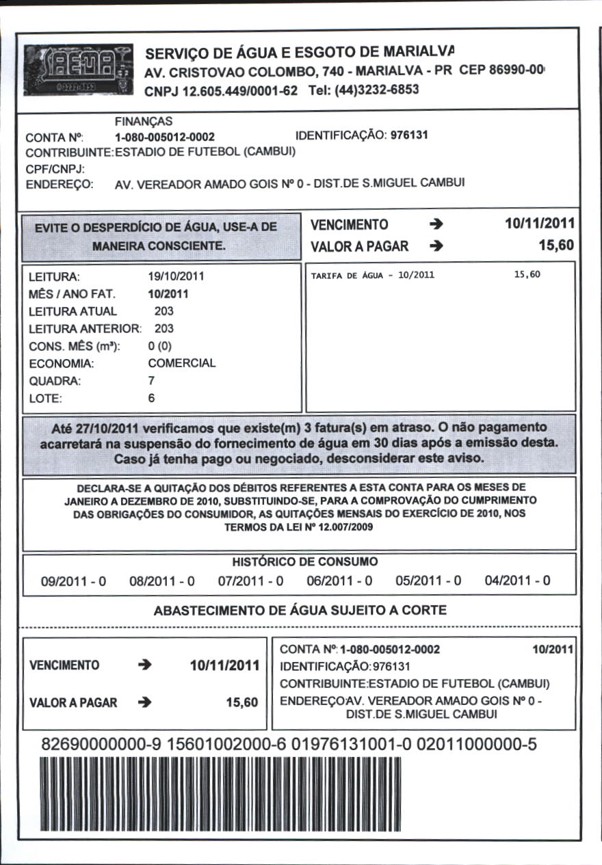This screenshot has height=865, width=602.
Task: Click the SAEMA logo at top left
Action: pos(78,69)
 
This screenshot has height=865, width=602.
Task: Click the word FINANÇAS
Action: pos(144,121)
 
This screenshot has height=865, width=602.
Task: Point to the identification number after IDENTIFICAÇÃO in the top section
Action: pos(409,135)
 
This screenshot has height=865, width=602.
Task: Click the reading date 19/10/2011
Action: pos(176,277)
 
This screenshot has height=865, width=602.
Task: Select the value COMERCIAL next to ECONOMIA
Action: pos(181,363)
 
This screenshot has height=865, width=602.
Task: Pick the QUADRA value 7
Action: pos(151,380)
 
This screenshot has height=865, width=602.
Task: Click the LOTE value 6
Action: pos(151,397)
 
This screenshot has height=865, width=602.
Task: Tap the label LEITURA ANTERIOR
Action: pos(83,328)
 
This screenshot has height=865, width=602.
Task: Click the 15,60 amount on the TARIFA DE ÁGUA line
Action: pos(527,275)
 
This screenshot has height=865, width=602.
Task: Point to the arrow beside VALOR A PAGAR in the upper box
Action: pos(437,247)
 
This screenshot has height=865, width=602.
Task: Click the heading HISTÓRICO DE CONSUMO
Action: pos(305,562)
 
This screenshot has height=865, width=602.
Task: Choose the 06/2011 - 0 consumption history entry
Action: pos(339,581)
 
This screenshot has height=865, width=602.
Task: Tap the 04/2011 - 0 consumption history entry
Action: pos(517,581)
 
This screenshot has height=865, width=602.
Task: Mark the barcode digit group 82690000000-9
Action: pos(99,745)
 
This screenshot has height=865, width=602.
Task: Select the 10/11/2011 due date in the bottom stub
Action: pos(224,665)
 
